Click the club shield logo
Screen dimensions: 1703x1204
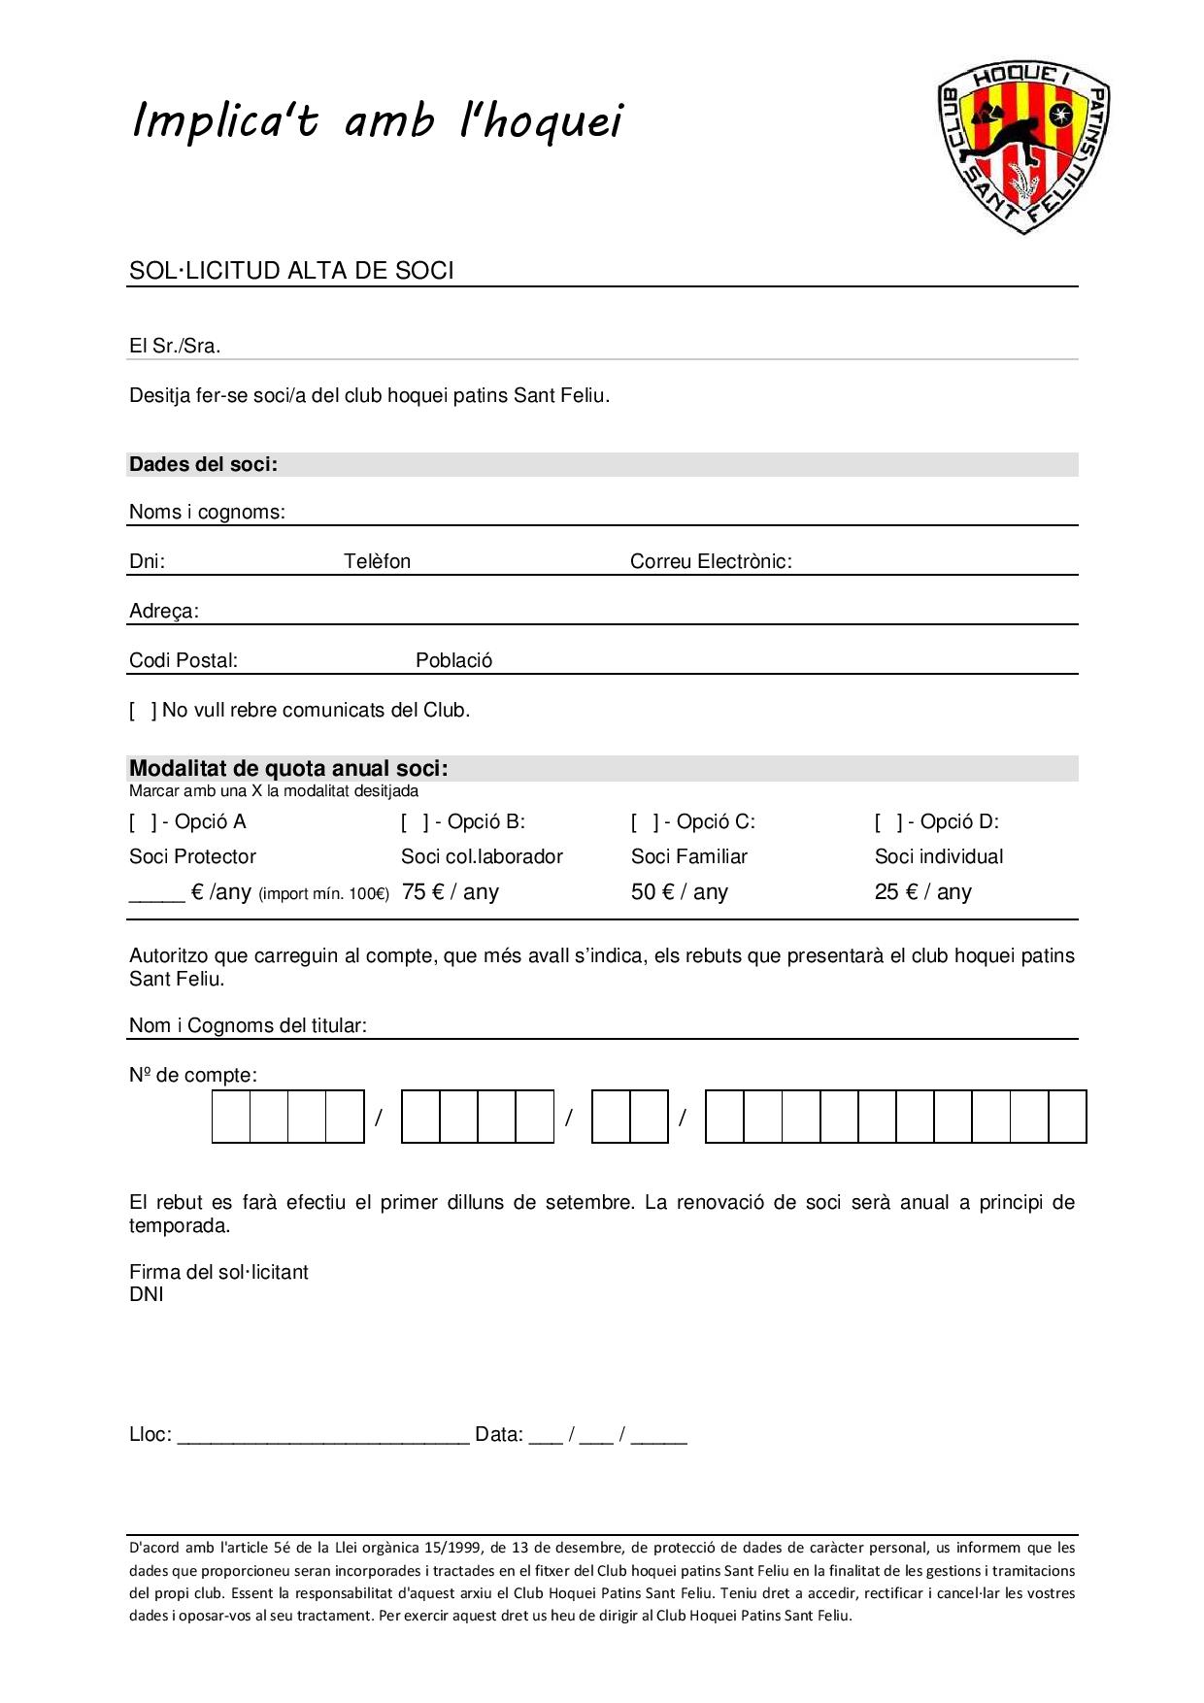(x=1024, y=147)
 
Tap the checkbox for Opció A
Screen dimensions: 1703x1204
(x=142, y=822)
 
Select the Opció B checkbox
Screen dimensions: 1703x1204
(x=414, y=822)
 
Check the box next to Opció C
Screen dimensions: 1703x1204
(x=644, y=822)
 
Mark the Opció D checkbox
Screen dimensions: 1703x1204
(x=887, y=822)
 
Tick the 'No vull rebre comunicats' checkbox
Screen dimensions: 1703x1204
(x=142, y=711)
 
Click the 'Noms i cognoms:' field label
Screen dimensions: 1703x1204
(x=207, y=512)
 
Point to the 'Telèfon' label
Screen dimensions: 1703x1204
(x=377, y=561)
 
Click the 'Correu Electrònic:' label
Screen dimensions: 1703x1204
(x=711, y=561)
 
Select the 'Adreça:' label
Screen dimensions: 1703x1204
(x=164, y=611)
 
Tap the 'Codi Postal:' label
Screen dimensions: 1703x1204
(x=184, y=660)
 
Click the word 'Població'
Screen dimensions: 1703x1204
(x=453, y=660)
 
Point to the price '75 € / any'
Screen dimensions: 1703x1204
(x=450, y=891)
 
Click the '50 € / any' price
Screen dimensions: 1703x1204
(x=679, y=891)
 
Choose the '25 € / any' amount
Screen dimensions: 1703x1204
(x=922, y=891)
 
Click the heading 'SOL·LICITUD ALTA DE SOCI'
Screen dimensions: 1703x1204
(x=291, y=270)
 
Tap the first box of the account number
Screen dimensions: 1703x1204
(x=231, y=1117)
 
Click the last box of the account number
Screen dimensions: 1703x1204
(x=1067, y=1117)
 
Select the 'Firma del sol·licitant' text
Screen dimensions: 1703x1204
(x=218, y=1272)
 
